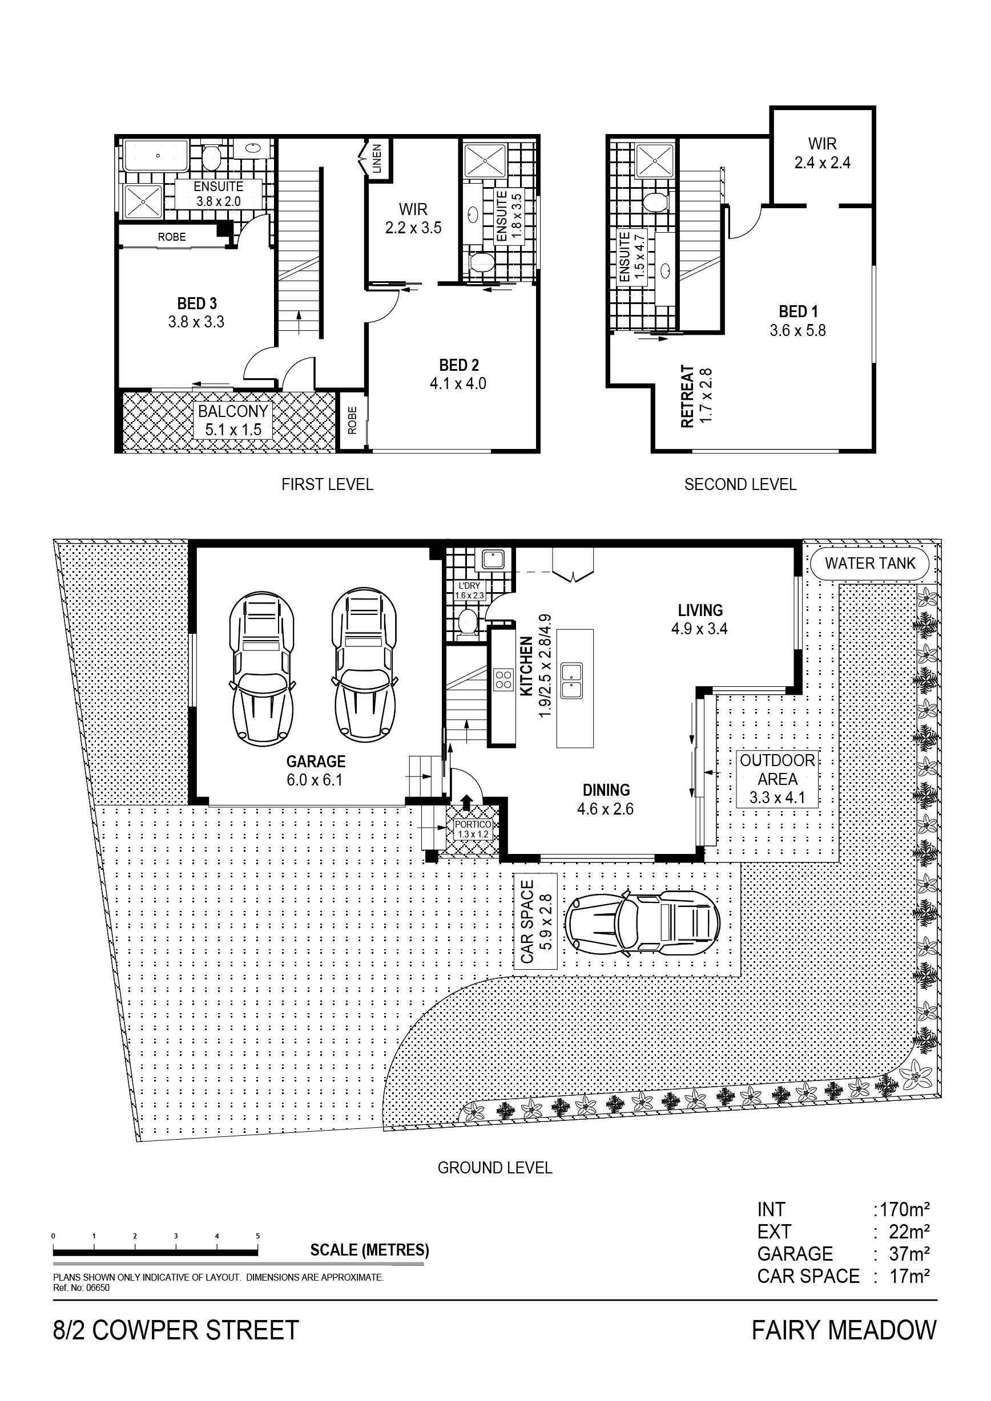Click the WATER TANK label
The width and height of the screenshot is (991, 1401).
[x=870, y=563]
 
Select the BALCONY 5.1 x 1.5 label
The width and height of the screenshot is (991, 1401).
[x=233, y=420]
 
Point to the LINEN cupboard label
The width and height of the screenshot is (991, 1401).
[x=377, y=159]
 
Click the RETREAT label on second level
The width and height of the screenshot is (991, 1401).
[x=687, y=396]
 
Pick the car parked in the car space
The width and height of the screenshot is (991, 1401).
[x=642, y=921]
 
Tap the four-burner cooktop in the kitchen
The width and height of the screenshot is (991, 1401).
[x=503, y=679]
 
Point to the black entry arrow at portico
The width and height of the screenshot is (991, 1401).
[x=466, y=801]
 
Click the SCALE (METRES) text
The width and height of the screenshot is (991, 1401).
[x=369, y=1250]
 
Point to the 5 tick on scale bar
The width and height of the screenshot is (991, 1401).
[x=257, y=1236]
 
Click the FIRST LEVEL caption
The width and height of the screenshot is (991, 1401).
[x=327, y=484]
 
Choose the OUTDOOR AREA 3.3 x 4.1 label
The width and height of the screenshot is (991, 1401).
[x=778, y=779]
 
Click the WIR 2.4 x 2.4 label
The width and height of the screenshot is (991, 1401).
[x=823, y=153]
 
